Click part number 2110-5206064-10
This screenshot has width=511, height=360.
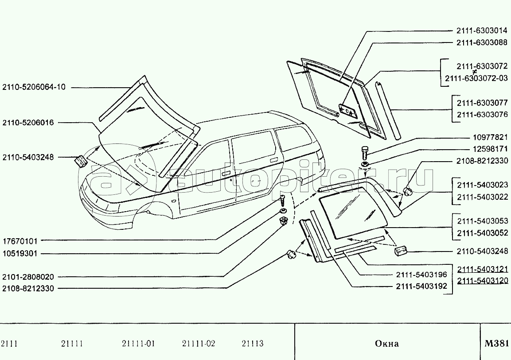pyautogui.click(x=34, y=87)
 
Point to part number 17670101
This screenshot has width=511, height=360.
pyautogui.click(x=21, y=241)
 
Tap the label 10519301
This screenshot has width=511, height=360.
pyautogui.click(x=21, y=254)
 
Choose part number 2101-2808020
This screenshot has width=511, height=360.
pyautogui.click(x=28, y=277)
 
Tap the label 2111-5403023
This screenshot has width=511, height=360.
pyautogui.click(x=482, y=185)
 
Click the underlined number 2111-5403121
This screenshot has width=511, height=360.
pyautogui.click(x=483, y=269)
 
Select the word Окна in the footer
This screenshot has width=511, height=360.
pyautogui.click(x=386, y=344)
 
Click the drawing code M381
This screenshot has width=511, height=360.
pyautogui.click(x=496, y=344)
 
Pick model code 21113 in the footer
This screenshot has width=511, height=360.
pyautogui.click(x=253, y=344)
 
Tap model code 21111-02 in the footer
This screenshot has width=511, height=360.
pyautogui.click(x=199, y=344)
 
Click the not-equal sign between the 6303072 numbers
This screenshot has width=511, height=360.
pyautogui.click(x=474, y=72)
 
